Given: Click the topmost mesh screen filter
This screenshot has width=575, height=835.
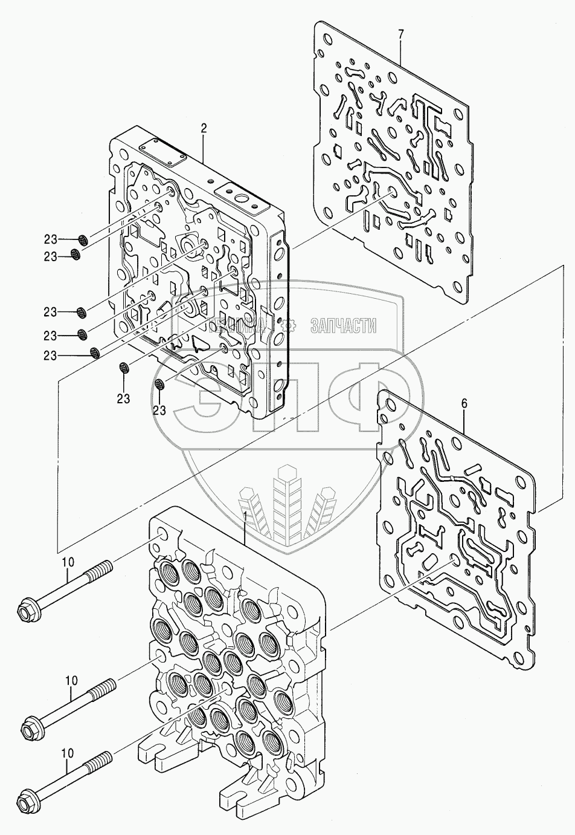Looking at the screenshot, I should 85,240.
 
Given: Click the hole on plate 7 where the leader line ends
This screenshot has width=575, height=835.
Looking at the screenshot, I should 391,192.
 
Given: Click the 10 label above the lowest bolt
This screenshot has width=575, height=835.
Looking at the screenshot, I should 67,753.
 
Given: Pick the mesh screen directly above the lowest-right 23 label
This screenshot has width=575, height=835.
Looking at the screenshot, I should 160,385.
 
